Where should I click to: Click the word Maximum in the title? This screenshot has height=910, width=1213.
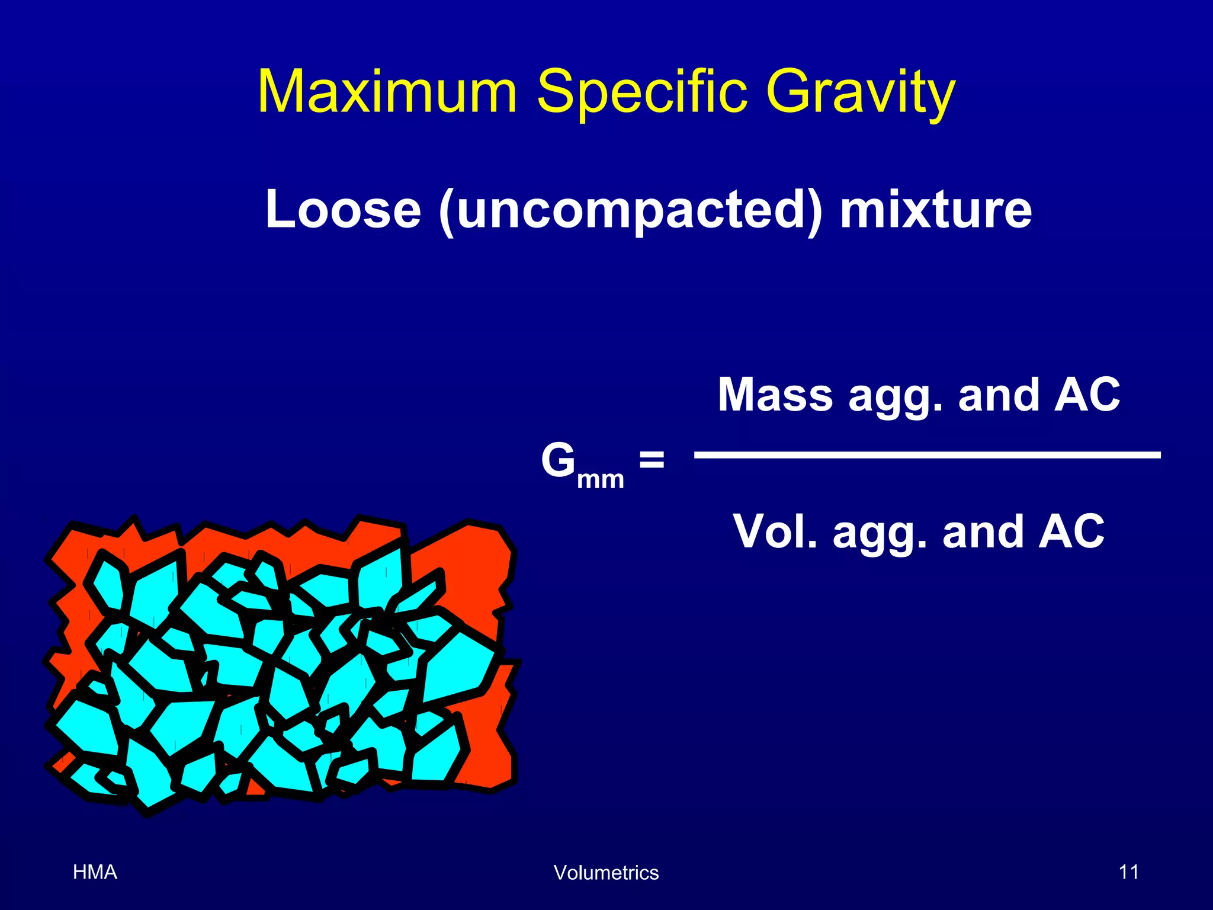388,92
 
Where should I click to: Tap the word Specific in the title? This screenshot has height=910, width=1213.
641,92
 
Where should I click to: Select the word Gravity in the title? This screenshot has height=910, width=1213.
860,92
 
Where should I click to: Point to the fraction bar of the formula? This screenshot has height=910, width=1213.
927,455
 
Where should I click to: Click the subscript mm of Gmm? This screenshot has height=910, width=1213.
601,479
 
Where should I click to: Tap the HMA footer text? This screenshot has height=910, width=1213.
95,872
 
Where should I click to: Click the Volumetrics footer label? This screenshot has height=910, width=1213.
606,873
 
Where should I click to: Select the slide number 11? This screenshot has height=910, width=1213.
1128,872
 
